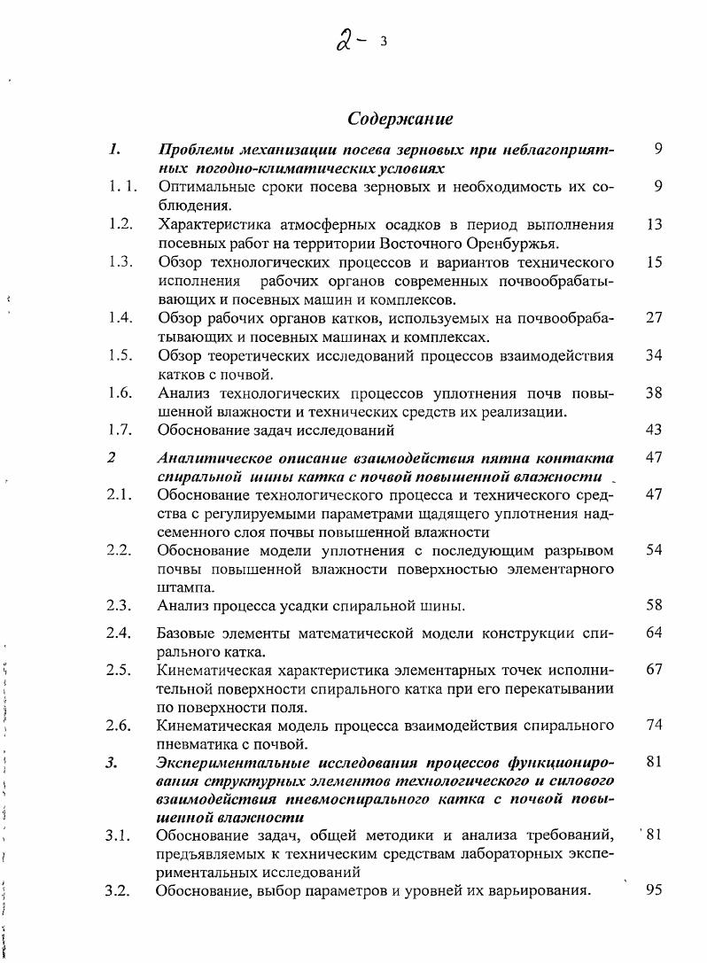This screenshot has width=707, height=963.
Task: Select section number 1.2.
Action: (120, 224)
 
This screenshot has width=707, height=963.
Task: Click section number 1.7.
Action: (120, 430)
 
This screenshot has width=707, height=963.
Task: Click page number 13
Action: (655, 224)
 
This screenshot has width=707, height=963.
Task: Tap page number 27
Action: (655, 318)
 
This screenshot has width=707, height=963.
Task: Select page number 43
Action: (655, 430)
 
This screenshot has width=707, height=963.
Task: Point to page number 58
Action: (655, 606)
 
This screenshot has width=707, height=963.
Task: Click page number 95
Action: (655, 889)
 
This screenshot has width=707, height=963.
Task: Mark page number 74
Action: (655, 726)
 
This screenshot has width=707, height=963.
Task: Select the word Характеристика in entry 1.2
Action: (212, 224)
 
